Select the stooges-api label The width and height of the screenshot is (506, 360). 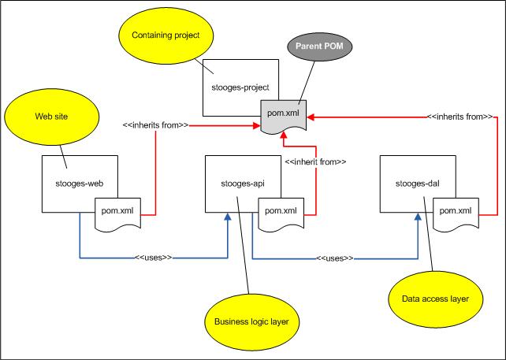tap(240, 184)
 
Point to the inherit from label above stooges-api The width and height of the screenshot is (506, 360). tap(315, 161)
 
